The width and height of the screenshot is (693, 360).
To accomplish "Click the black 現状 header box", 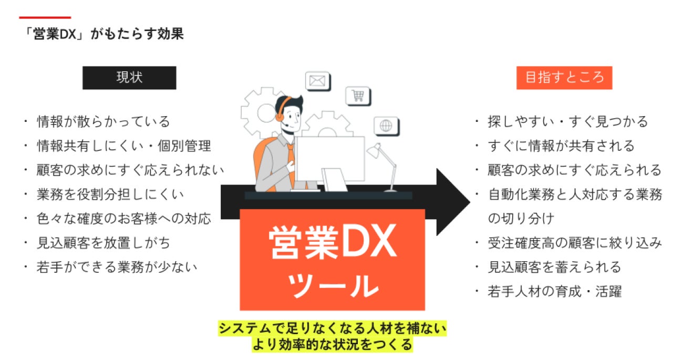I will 129,78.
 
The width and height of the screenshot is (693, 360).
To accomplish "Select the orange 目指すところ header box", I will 564,78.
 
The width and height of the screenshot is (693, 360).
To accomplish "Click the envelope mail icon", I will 317,81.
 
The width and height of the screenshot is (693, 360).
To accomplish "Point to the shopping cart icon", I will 358,96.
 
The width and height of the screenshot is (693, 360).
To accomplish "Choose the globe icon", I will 386,126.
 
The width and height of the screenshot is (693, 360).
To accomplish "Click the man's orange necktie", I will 291,158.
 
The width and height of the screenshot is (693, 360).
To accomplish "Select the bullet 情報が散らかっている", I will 103,122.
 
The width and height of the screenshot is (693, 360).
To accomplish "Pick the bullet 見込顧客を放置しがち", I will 103,243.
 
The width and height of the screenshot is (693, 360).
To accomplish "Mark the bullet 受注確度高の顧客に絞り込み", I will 574,243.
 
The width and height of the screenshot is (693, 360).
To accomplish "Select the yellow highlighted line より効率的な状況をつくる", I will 332,345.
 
